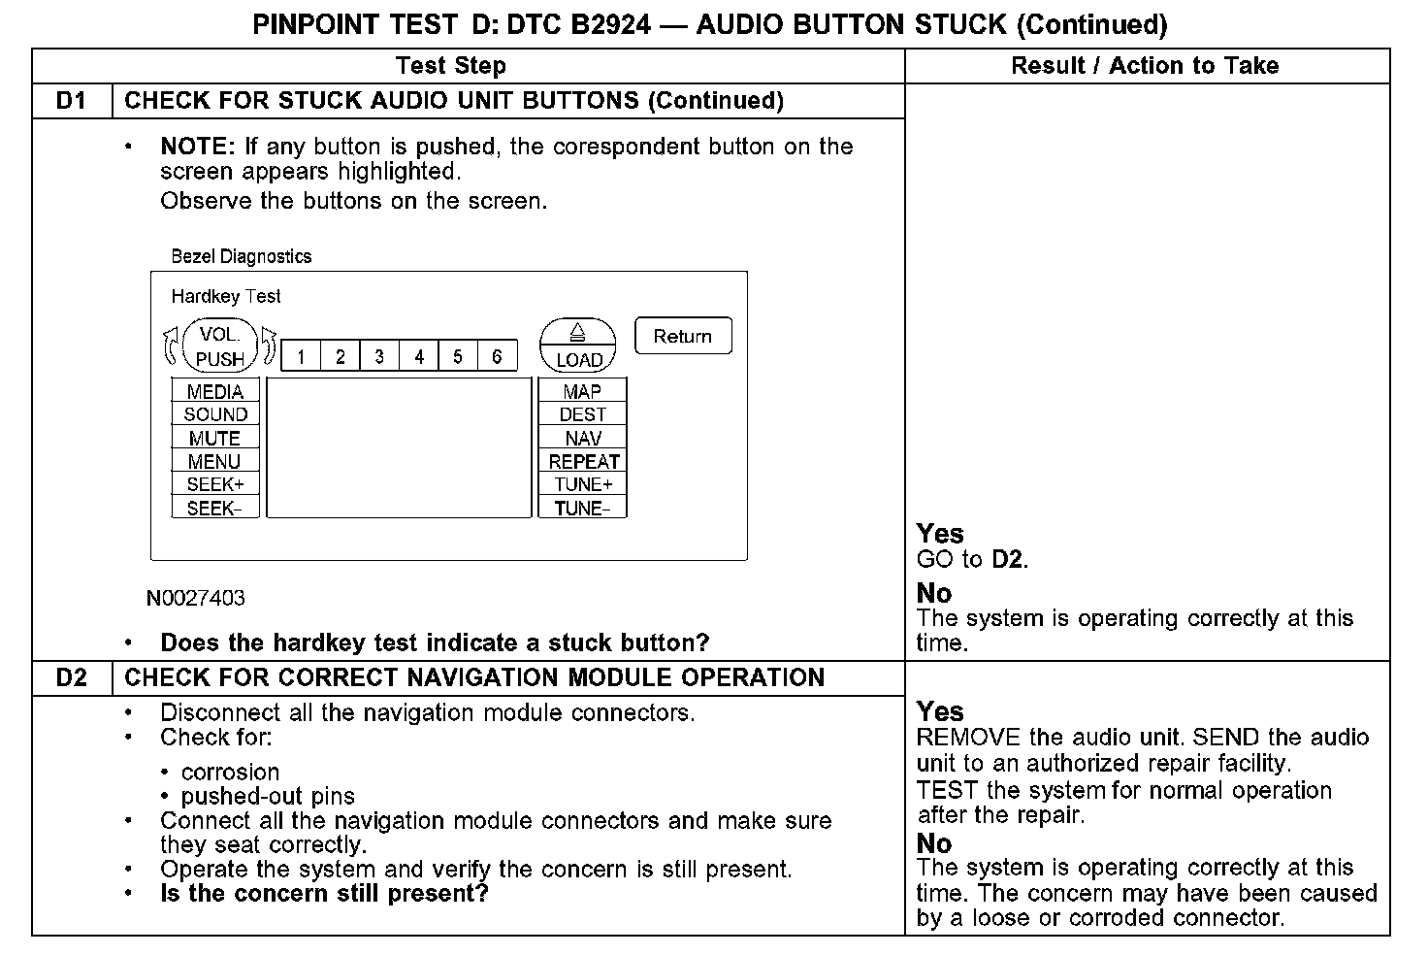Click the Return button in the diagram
(x=683, y=336)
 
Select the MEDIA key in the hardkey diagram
(x=215, y=391)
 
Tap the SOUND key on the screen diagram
(x=215, y=414)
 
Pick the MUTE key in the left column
(x=215, y=438)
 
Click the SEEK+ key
(x=215, y=484)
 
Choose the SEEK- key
(x=215, y=508)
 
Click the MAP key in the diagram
(x=582, y=391)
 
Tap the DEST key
(x=582, y=414)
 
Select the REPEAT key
(x=583, y=461)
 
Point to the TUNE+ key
(x=583, y=484)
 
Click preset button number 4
(x=419, y=356)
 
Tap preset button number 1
(x=302, y=356)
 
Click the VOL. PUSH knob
(x=220, y=346)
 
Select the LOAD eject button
(x=578, y=346)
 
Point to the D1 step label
(x=72, y=101)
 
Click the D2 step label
(x=72, y=677)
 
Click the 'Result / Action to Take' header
(x=1145, y=66)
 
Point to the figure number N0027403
(x=196, y=598)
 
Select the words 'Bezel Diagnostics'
(x=242, y=256)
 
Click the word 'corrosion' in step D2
(x=231, y=772)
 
